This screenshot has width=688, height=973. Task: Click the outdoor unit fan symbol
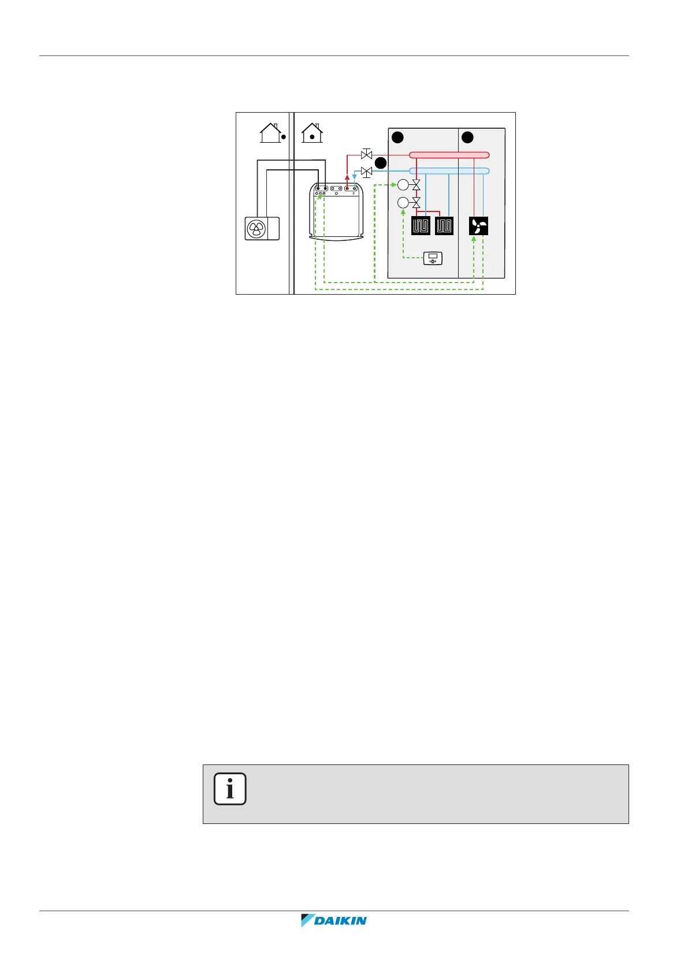click(x=255, y=229)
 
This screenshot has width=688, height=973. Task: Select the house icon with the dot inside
click(x=312, y=133)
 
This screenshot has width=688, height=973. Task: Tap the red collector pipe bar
click(x=449, y=155)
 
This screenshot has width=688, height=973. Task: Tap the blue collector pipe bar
click(x=449, y=171)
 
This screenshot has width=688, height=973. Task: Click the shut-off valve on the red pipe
click(x=366, y=155)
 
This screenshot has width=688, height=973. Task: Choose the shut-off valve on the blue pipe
click(x=366, y=172)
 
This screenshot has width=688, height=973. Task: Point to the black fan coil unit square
click(x=479, y=226)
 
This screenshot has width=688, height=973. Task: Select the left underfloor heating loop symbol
click(x=421, y=226)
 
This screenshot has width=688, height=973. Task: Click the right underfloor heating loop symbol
click(x=444, y=226)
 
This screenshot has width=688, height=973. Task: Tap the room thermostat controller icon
click(x=433, y=258)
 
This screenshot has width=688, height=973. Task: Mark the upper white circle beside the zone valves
click(x=403, y=185)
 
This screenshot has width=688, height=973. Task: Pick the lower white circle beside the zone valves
click(x=403, y=203)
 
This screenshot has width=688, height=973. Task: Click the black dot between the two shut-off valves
click(x=380, y=164)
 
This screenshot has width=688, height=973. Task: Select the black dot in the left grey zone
click(x=397, y=138)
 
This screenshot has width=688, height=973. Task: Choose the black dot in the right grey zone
click(x=467, y=138)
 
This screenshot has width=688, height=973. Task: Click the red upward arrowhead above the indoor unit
click(x=347, y=178)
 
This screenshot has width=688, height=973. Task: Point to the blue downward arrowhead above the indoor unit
click(x=355, y=179)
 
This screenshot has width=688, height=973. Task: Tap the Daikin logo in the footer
click(x=334, y=920)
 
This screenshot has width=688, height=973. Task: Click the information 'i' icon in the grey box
click(x=230, y=789)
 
